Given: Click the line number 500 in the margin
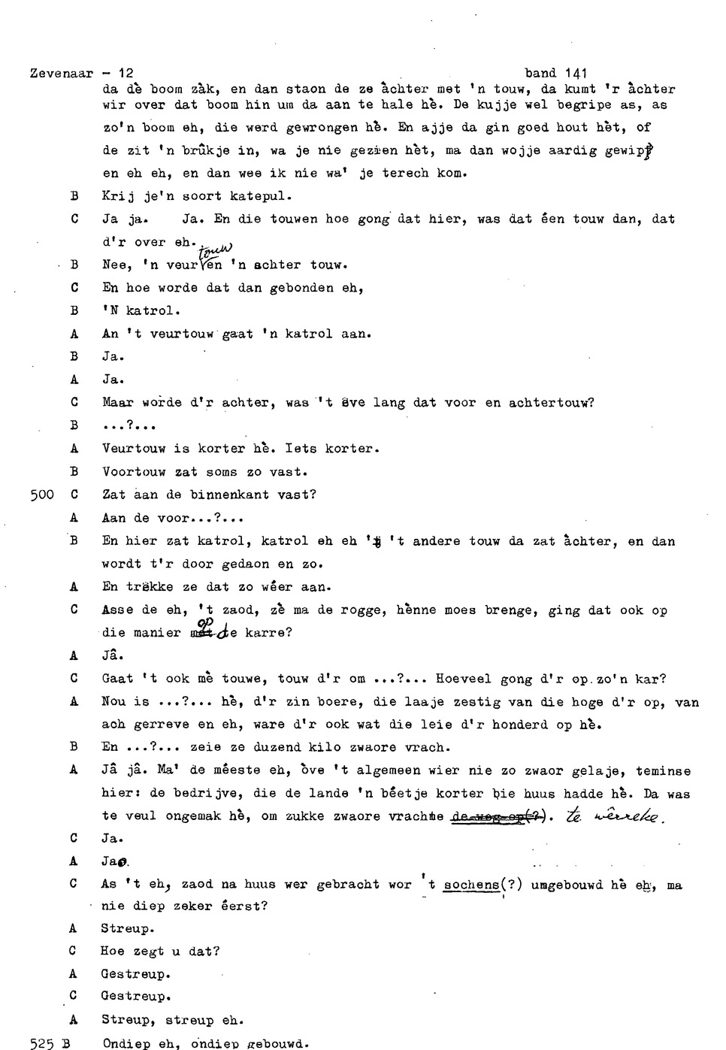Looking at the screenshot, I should (41, 495).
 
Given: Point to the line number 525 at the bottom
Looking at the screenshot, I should (41, 1043).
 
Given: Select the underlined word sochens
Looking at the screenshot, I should (471, 885).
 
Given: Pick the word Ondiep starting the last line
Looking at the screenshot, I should (126, 1043).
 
